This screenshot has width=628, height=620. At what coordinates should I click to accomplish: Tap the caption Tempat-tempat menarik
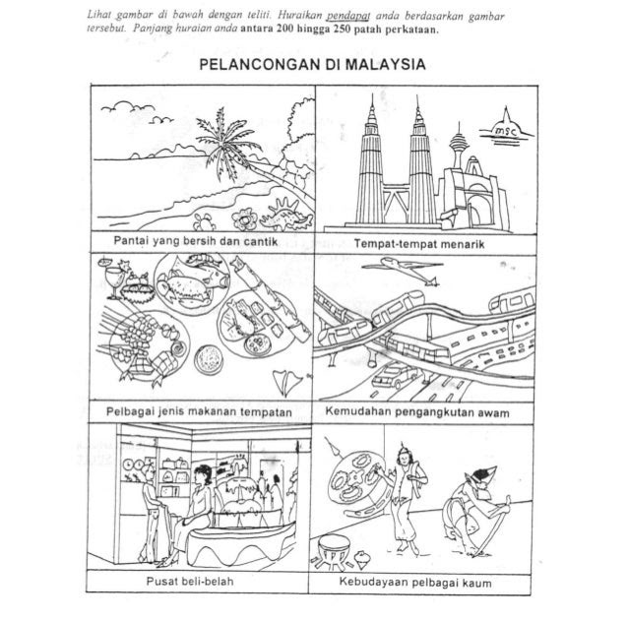(413, 239)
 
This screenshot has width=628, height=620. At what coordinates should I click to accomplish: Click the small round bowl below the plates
(209, 355)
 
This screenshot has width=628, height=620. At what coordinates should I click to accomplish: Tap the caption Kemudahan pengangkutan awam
(413, 412)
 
